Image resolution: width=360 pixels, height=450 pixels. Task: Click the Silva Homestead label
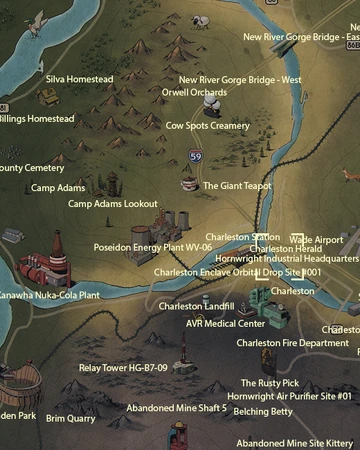[x=80, y=79]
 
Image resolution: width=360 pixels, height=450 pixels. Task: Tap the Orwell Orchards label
[x=194, y=92]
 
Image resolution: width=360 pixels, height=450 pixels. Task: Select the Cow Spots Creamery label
[x=207, y=126]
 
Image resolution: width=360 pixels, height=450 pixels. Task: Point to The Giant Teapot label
[x=237, y=186]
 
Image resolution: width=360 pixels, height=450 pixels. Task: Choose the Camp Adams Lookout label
[x=112, y=204]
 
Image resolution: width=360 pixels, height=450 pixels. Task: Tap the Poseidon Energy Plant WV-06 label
[x=153, y=246]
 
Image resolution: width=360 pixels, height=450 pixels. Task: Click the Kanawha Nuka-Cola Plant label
[x=50, y=296]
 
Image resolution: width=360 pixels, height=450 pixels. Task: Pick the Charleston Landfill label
[x=196, y=306]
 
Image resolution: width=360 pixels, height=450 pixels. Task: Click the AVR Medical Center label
[x=225, y=324]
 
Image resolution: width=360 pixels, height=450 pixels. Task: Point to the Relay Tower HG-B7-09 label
[x=123, y=368]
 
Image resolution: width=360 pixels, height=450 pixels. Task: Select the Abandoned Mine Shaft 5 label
[x=176, y=408]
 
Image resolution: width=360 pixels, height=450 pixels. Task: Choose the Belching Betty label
[x=266, y=411]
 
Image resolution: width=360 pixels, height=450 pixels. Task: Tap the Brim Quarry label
[x=70, y=419]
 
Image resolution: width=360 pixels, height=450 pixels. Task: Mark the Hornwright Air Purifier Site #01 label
[x=289, y=397]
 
